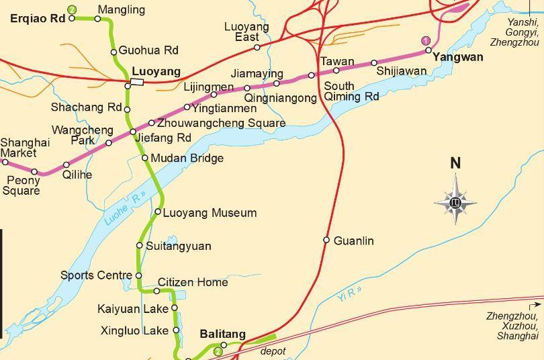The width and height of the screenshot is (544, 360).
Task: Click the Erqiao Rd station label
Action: [x=38, y=18]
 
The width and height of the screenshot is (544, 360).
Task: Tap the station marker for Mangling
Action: [x=97, y=18]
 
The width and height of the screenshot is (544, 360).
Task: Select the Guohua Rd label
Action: [x=148, y=50]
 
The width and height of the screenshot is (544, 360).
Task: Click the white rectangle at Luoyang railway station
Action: [x=137, y=82]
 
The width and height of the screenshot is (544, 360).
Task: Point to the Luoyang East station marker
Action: [x=257, y=47]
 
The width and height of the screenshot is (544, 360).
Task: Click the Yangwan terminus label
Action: [x=458, y=57]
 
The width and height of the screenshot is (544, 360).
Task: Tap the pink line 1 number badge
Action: [x=425, y=41]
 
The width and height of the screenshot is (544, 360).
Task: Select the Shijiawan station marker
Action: [x=374, y=62]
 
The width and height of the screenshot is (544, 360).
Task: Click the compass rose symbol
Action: [x=455, y=200]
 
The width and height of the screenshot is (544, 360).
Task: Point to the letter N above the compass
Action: [x=455, y=163]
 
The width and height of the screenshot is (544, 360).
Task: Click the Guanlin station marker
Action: [x=326, y=240]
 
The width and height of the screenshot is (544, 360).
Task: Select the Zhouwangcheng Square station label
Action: [x=221, y=123]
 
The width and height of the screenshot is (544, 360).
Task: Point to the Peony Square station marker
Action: [x=34, y=171]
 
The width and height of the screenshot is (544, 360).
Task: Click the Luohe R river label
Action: [x=125, y=209]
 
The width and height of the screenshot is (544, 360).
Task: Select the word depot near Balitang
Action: [x=273, y=351]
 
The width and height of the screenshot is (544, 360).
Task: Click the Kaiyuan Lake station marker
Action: [x=175, y=308]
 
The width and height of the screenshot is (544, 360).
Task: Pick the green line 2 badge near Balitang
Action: [x=218, y=351]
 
